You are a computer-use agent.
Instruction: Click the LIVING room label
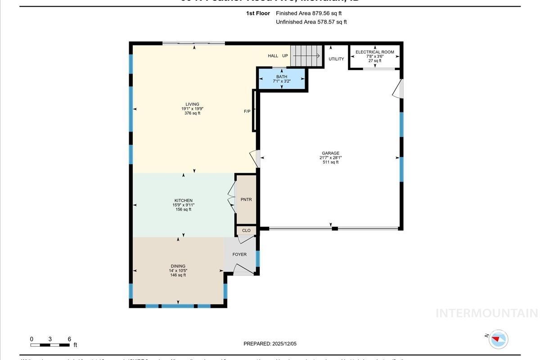[x=192, y=104]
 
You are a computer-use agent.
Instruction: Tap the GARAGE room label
[x=330, y=153]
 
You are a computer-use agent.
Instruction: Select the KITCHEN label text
[x=183, y=201]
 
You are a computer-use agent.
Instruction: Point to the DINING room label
[x=178, y=266]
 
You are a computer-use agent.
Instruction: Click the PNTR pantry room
[x=246, y=199]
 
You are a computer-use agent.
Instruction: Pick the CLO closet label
[x=246, y=231]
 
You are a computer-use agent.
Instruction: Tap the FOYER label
[x=239, y=255]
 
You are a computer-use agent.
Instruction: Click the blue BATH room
[x=282, y=79]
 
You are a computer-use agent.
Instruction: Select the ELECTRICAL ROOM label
[x=374, y=52]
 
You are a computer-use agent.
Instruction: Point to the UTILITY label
[x=336, y=59]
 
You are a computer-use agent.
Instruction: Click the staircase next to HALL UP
[x=306, y=56]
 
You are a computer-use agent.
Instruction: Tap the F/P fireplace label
[x=247, y=111]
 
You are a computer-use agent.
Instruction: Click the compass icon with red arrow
[x=498, y=339]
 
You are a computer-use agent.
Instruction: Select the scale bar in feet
[x=50, y=345]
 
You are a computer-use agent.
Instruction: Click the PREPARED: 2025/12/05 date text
[x=270, y=344]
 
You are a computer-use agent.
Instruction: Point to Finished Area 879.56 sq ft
[x=309, y=13]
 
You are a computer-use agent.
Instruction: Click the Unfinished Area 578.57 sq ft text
[x=311, y=22]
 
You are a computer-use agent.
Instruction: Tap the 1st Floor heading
[x=258, y=13]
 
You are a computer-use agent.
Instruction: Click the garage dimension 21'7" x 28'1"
[x=330, y=158]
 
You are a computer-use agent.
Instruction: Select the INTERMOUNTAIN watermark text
[x=486, y=313]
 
